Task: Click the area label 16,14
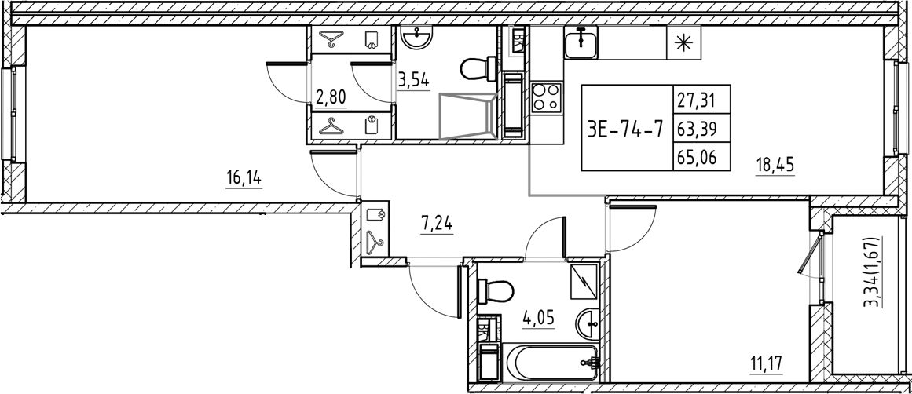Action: point(244,178)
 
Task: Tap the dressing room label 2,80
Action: point(331,97)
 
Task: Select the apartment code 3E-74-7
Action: point(624,128)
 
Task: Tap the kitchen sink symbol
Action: point(580,41)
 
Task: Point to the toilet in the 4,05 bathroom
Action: point(496,292)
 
